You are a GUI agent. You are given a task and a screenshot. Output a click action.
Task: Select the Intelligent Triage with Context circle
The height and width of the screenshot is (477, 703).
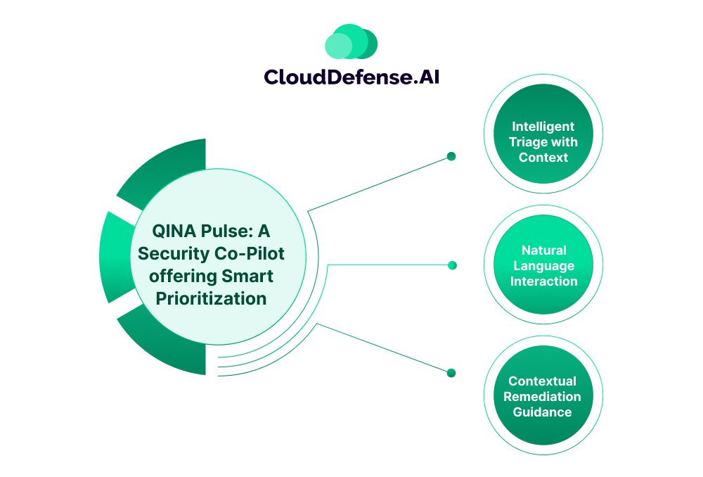pyautogui.click(x=543, y=142)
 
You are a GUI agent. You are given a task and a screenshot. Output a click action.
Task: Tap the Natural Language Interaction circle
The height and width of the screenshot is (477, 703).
pyautogui.click(x=543, y=266)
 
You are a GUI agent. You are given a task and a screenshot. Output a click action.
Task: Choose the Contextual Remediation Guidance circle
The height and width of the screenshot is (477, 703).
pyautogui.click(x=543, y=396)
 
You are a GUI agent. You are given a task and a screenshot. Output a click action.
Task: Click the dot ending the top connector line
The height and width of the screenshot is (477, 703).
pyautogui.click(x=451, y=156)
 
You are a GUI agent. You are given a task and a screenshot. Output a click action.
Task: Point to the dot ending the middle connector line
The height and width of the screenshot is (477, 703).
pyautogui.click(x=452, y=265)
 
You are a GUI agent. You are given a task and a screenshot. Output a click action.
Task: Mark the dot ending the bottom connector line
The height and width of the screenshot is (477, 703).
pyautogui.click(x=451, y=373)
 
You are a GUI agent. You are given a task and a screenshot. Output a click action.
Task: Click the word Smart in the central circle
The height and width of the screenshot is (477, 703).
pyautogui.click(x=249, y=276)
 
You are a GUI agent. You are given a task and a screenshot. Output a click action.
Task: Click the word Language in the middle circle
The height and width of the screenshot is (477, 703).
pyautogui.click(x=543, y=266)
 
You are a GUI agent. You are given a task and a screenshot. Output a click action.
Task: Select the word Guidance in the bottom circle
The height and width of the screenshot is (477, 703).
pyautogui.click(x=542, y=412)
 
